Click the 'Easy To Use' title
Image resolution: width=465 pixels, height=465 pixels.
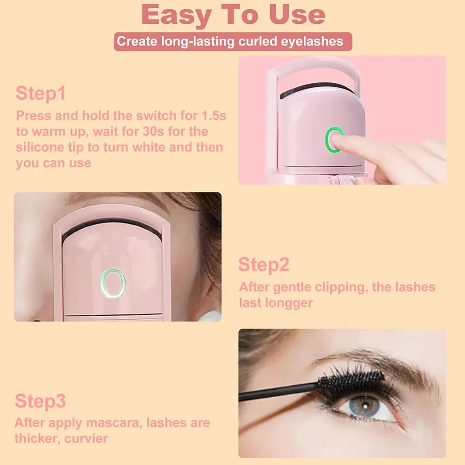[x=233, y=15]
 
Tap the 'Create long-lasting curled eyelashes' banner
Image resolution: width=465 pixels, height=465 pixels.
[x=233, y=42]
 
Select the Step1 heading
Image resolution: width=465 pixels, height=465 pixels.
[x=41, y=93]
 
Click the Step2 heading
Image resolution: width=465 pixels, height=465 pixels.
[x=263, y=264]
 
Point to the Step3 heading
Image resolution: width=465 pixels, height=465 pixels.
[x=40, y=401]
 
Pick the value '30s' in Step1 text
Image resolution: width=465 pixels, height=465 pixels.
[x=154, y=131]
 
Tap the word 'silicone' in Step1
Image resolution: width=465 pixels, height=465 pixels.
[x=40, y=147]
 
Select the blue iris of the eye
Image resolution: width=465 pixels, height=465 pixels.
[x=365, y=406]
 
